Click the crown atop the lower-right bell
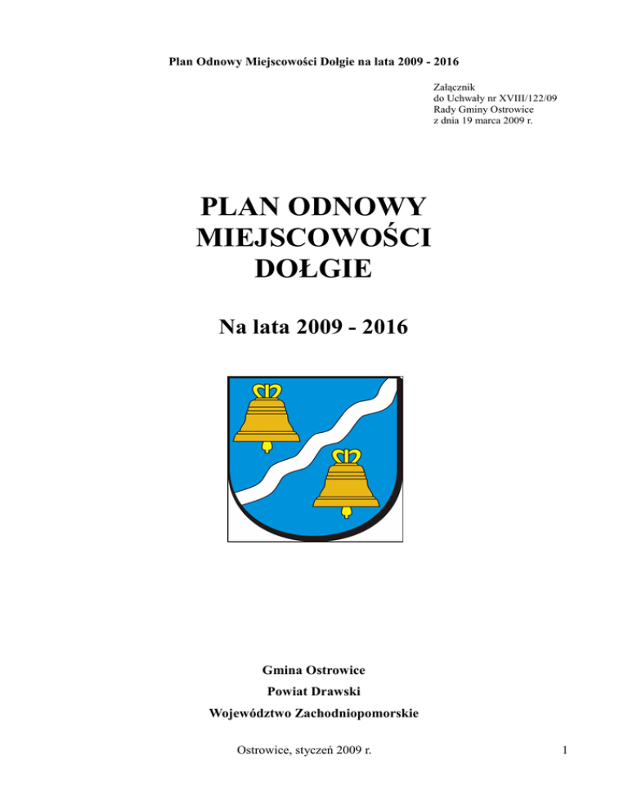click(x=345, y=457)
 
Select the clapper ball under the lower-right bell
click(x=346, y=511)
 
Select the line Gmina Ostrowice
click(x=314, y=671)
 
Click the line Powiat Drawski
click(x=314, y=692)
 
